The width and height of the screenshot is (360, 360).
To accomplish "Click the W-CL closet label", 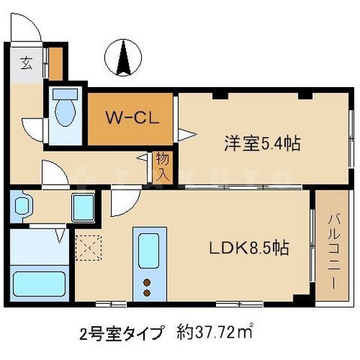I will coord(129,118).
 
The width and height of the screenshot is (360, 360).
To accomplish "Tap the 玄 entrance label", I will coord(25,62).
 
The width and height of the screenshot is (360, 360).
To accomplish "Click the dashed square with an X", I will coord(87,247).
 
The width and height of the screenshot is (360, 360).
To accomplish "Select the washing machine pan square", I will coord(82,205).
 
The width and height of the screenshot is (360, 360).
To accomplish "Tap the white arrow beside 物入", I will coord(142,158).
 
